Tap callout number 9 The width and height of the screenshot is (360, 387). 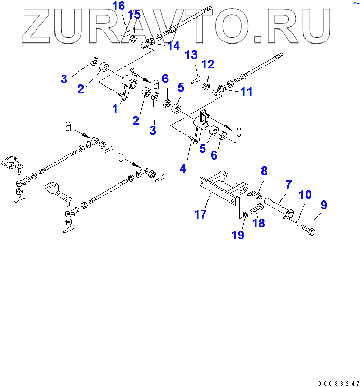(x=323, y=206)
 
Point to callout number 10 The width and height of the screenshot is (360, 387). (x=306, y=195)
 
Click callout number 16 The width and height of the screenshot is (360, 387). (x=118, y=6)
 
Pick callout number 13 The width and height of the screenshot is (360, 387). (x=191, y=54)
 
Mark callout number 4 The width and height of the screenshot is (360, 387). (x=183, y=168)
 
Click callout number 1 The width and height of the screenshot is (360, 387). (x=115, y=108)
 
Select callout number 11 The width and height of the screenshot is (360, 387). (x=247, y=92)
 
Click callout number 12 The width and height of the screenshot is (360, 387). (x=207, y=64)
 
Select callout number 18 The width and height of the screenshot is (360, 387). (x=258, y=223)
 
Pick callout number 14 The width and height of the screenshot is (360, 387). (x=173, y=46)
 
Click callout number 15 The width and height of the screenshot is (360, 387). (x=134, y=15)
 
